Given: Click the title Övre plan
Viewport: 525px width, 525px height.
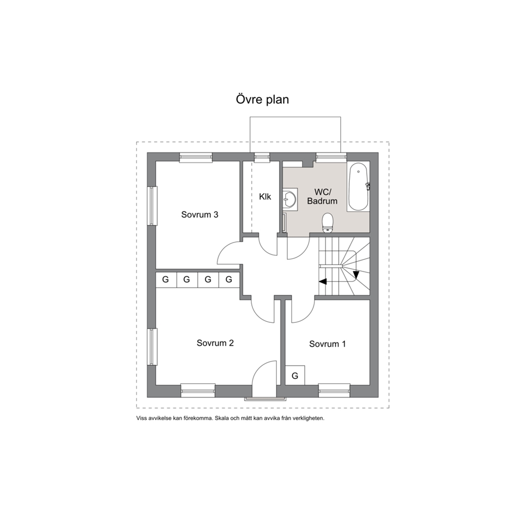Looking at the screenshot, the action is pos(262,100).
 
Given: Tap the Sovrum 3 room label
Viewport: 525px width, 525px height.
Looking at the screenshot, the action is pos(200,215).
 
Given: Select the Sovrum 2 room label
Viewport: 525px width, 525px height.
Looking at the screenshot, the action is pos(215,343).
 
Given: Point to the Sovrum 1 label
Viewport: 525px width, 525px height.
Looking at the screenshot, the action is pos(328,344).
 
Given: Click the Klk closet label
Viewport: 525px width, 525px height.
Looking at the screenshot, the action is pos(265,196).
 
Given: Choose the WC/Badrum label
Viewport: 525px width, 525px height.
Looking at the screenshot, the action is pos(322,196).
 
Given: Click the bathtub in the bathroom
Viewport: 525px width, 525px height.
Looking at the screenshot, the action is pos(358,187).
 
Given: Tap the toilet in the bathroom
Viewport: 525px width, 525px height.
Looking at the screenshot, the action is pos(327,223).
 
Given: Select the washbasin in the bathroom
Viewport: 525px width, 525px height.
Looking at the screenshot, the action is pos(290,199).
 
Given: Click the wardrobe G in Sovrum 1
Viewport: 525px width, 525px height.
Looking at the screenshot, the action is pos(295,375).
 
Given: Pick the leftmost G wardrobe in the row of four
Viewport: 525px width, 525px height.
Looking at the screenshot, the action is pos(166,279).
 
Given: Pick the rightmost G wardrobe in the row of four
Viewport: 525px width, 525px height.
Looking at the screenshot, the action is pos(229,279).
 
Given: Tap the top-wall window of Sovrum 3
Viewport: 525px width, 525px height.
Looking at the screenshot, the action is pos(196,157).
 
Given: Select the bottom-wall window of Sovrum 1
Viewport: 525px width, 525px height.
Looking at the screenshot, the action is pos(334,390).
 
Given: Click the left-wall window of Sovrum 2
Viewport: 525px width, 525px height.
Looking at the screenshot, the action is pos(152,347).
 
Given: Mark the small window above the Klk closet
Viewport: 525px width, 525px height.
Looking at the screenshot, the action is pos(262,157).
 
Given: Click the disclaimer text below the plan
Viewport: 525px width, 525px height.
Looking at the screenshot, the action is pos(230,418).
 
